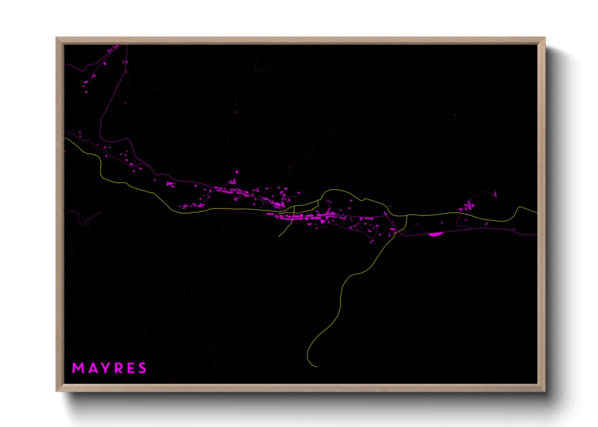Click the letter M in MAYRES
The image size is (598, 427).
click(x=77, y=368)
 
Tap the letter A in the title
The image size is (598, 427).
click(x=91, y=368)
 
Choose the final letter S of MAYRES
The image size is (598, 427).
click(x=142, y=368)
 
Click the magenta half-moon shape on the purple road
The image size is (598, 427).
click(x=435, y=234)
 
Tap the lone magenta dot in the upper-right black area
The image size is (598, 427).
click(x=455, y=115)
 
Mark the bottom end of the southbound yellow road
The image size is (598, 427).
click(x=317, y=367)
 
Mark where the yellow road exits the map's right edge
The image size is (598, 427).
click(x=537, y=212)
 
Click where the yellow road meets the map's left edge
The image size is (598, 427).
click(x=65, y=138)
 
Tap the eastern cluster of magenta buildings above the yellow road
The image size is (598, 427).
click(x=469, y=206)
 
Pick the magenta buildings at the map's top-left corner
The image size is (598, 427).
click(x=114, y=48)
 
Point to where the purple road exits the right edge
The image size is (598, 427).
click(x=537, y=234)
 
